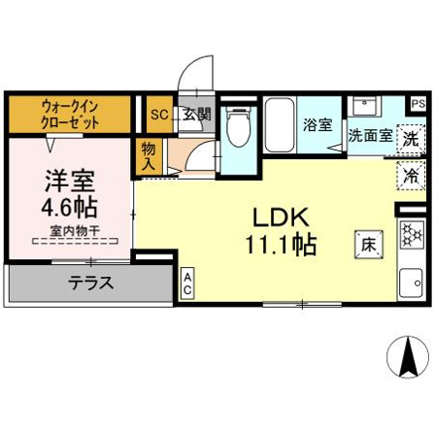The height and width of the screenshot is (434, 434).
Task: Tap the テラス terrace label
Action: click(92, 284)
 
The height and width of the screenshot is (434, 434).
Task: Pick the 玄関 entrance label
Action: click(197, 115)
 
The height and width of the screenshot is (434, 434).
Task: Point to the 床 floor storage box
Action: click(370, 243)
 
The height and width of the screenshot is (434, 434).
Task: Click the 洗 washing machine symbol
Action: click(412, 139)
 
